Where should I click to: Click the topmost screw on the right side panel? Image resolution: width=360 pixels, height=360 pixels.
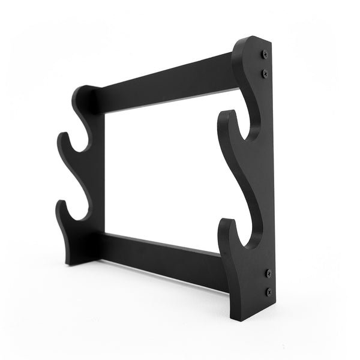[265, 54]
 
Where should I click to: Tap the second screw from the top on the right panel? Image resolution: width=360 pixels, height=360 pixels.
[265, 73]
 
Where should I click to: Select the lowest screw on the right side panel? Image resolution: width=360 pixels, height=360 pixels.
[268, 292]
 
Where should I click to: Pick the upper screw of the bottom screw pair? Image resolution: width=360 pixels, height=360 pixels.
[268, 273]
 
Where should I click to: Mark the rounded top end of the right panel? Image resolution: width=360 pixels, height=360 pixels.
[251, 41]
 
